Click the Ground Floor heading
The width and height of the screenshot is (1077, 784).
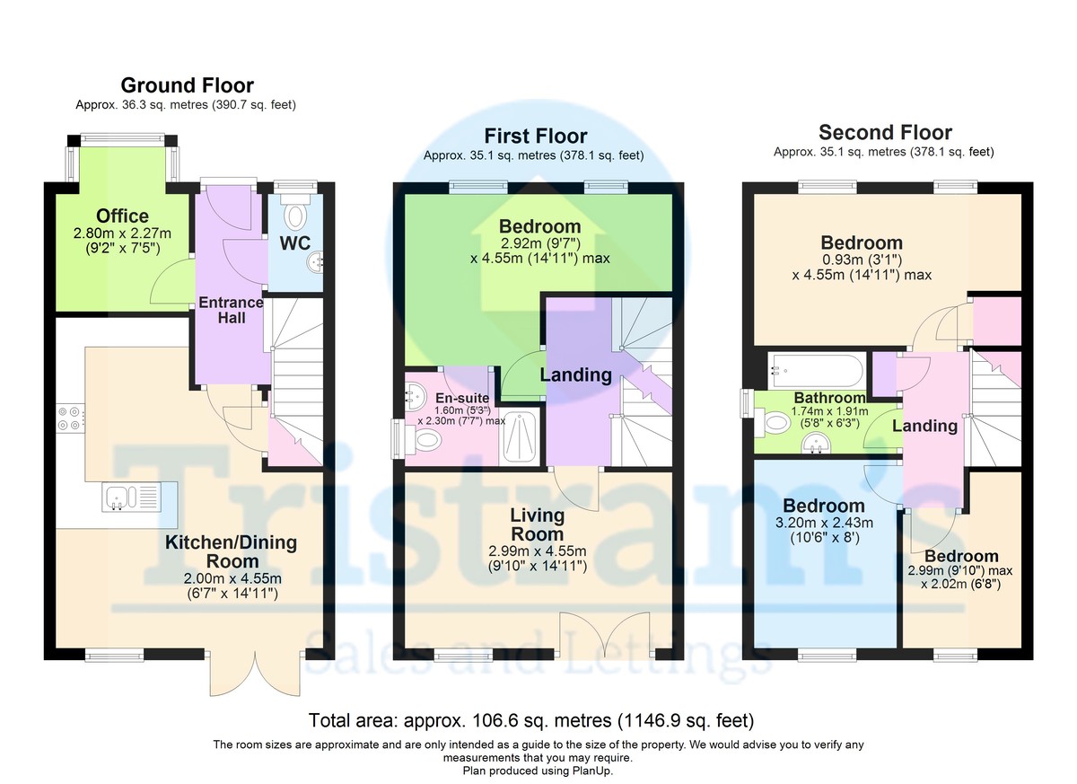187,85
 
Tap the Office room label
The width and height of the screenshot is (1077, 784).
122,216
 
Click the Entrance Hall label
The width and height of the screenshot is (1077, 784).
231,310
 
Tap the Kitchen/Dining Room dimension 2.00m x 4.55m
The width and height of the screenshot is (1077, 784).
232,578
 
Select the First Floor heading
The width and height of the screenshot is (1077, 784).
536,137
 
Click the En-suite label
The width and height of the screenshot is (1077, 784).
462,398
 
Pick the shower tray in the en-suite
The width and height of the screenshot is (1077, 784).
521,438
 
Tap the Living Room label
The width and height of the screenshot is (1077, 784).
537,524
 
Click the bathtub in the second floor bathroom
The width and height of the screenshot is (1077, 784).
816,371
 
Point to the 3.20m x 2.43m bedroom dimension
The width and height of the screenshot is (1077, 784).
824,523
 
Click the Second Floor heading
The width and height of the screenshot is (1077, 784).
885,132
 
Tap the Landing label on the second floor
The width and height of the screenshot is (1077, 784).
924,427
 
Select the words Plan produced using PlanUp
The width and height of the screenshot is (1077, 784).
538,771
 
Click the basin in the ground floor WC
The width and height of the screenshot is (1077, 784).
315,262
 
